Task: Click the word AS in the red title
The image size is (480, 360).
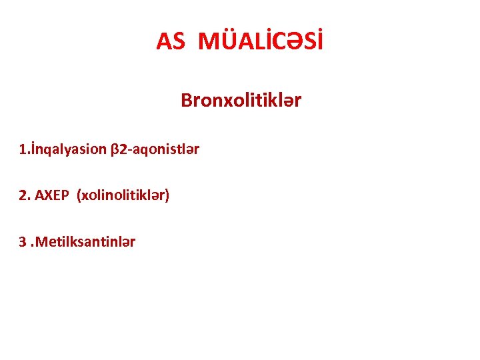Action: (170, 41)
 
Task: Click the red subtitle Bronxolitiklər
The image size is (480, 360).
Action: (241, 101)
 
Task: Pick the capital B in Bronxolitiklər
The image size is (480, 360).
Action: (186, 101)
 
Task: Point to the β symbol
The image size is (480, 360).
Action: (113, 149)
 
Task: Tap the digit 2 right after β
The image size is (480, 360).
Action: (121, 149)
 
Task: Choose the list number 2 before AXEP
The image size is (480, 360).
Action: (23, 195)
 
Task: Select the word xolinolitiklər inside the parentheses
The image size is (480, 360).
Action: (123, 195)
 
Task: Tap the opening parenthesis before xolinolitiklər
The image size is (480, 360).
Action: (79, 195)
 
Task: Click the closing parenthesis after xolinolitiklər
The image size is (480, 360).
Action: (167, 195)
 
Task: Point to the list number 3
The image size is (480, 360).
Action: (23, 241)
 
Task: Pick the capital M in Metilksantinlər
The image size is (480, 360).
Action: (41, 241)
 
